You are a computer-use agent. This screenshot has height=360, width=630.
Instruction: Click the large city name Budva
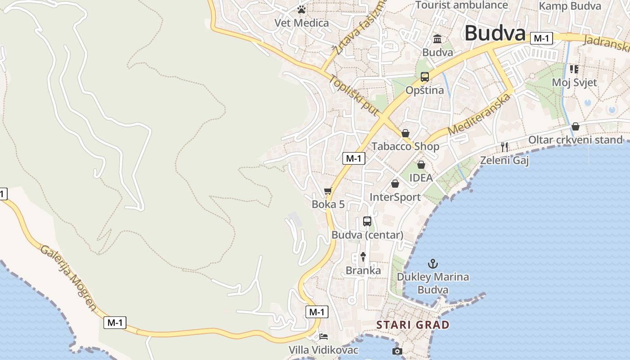tap(495, 33)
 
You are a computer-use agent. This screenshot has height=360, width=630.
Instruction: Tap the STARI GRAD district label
tap(413, 325)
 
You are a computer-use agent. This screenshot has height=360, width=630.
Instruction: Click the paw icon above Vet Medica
tap(301, 9)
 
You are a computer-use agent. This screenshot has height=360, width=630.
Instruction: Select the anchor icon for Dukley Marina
tap(432, 263)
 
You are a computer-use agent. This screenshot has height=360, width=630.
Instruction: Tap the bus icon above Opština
tap(424, 77)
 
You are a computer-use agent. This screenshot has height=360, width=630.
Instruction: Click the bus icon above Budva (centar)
tap(367, 221)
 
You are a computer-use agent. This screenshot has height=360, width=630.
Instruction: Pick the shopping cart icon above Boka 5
tap(328, 191)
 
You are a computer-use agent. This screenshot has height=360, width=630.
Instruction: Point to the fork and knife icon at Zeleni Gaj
tap(504, 147)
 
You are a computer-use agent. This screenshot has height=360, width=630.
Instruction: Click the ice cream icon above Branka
tap(363, 257)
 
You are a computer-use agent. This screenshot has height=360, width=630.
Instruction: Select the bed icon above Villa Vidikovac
tap(324, 336)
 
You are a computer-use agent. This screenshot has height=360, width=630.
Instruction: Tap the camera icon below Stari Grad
tap(397, 351)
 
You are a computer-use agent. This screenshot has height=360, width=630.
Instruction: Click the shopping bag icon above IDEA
tap(421, 165)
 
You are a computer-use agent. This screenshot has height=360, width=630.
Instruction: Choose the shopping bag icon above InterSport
tap(395, 184)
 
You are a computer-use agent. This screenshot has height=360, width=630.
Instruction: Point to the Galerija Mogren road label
tap(68, 278)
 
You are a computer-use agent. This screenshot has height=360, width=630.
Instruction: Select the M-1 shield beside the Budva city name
tap(541, 39)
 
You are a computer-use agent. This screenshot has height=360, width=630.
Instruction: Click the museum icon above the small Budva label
tap(437, 39)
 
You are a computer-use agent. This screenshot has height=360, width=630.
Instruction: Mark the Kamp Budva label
tap(570, 6)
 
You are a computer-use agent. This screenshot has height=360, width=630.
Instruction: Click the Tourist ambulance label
tap(461, 5)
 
